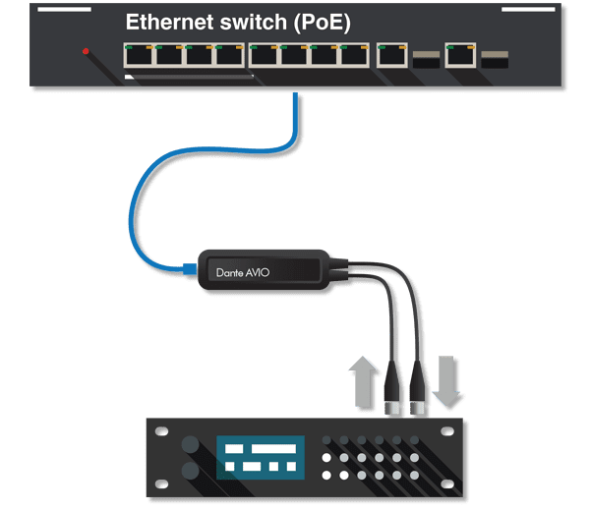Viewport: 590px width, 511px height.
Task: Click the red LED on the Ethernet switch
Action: (87, 51)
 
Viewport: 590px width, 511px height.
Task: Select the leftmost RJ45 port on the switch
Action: (139, 56)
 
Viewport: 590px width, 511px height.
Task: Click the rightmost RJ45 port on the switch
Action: (460, 56)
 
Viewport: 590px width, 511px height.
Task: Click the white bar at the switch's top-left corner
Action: (65, 10)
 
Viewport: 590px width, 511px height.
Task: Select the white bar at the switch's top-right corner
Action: (528, 10)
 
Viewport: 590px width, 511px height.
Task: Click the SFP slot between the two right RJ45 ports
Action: (426, 59)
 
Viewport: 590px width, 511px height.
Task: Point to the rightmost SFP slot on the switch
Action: (494, 59)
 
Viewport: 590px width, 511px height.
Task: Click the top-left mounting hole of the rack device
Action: (156, 428)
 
